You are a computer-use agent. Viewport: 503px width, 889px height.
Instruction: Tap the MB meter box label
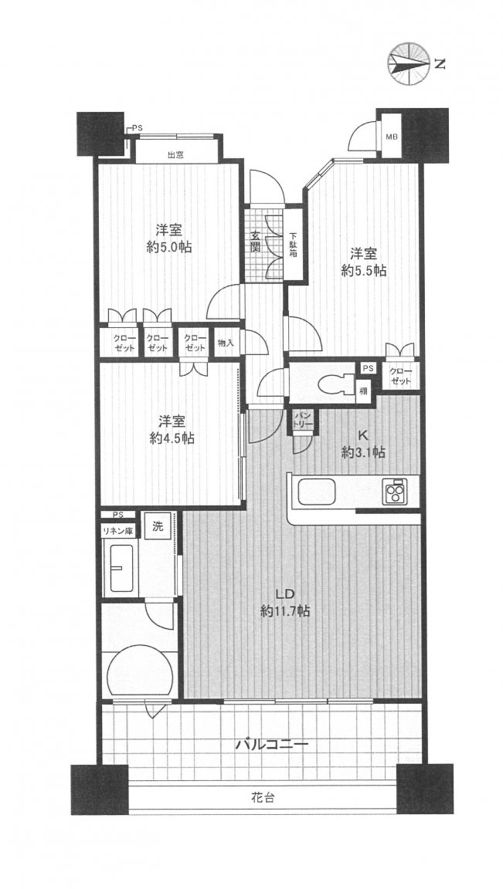tap(392, 137)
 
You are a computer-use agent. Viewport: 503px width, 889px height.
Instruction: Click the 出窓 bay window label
tap(175, 154)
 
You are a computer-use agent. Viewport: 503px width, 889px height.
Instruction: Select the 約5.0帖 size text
tap(169, 248)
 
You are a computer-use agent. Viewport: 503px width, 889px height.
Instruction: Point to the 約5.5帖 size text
tap(363, 271)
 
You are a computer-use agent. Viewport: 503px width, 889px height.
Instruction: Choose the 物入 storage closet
tap(226, 343)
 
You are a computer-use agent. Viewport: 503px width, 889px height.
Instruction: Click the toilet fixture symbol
tap(331, 384)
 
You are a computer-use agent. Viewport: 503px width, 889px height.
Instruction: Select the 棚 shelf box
tap(363, 390)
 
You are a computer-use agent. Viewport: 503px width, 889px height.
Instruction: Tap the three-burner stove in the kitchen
tap(393, 491)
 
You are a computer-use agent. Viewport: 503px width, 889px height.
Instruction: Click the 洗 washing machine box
tap(158, 525)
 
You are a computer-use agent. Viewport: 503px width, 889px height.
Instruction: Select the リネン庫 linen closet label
tap(117, 531)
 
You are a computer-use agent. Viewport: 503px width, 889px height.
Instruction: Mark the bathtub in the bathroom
tap(124, 569)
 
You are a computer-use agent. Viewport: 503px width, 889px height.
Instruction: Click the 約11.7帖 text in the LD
tap(284, 611)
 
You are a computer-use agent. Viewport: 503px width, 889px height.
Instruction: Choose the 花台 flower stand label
tap(263, 798)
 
